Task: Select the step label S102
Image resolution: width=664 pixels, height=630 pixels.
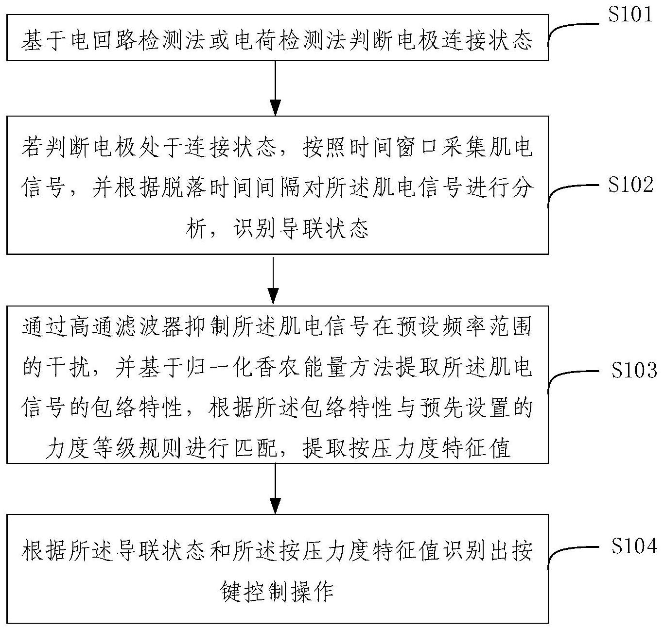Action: tap(630, 185)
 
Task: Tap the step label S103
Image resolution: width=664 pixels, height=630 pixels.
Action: tap(633, 371)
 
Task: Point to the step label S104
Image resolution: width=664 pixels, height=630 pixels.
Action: tap(633, 546)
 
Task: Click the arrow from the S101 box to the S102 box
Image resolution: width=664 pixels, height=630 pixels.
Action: tap(275, 87)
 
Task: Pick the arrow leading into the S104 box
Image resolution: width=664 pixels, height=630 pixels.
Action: tap(275, 488)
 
